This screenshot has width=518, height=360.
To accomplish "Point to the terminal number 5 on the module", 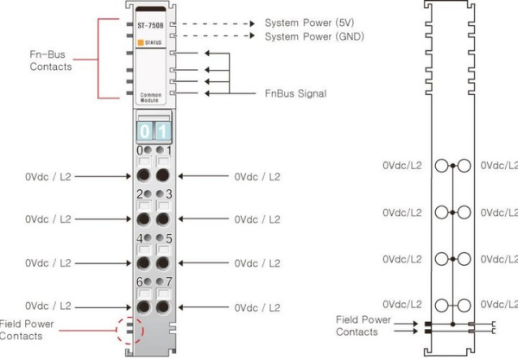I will click(168, 238).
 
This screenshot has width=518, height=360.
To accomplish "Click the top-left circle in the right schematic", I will click(442, 165).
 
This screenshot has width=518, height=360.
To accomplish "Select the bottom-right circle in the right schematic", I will click(463, 304).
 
